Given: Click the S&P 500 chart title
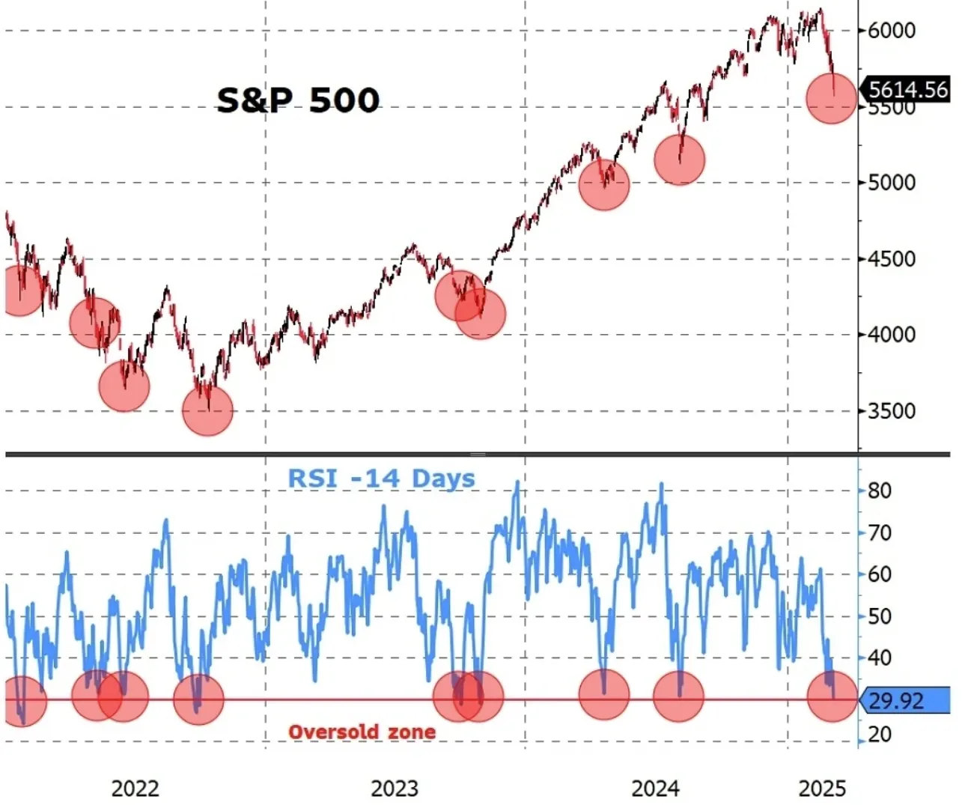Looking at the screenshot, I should (298, 100).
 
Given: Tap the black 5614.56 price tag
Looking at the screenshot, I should (907, 90).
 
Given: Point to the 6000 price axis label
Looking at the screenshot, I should (892, 30).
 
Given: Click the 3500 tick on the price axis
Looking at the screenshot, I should (892, 411).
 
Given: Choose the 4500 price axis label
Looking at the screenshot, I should (892, 259).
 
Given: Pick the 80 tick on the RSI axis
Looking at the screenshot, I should (880, 491).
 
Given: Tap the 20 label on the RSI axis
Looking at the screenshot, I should (880, 734).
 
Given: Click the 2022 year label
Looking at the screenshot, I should (135, 789).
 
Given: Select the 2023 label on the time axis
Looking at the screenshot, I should (395, 789).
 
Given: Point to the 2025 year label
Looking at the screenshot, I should (822, 789).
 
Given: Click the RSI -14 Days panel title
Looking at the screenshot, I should (381, 479).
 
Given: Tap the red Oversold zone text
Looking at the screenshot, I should (362, 732).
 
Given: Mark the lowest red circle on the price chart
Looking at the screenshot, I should (208, 410).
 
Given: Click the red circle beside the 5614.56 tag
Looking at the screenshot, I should (831, 98).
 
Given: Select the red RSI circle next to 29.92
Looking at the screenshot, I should (832, 696).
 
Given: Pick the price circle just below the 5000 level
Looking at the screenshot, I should (604, 184).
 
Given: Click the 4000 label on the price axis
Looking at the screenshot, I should (892, 335).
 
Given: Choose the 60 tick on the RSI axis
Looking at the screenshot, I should (880, 574).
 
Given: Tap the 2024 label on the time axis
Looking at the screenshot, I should (655, 789).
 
